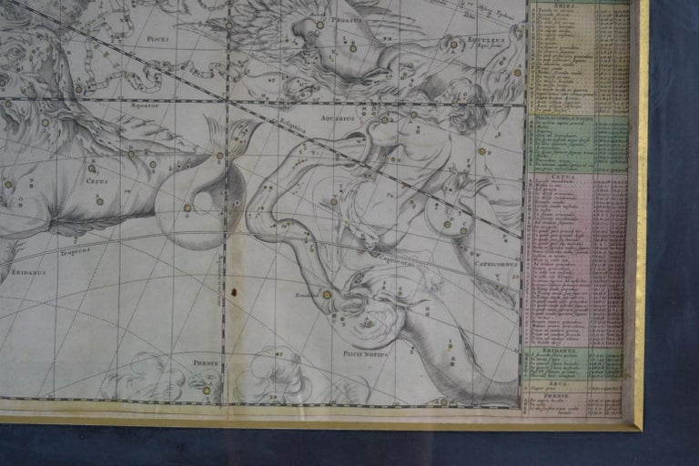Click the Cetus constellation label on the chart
tap(96, 180)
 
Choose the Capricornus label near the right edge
tap(495, 263)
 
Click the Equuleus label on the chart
tap(488, 40)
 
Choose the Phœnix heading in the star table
tap(575, 396)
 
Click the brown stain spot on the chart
tap(234, 293)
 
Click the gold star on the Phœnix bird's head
tap(207, 390)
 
